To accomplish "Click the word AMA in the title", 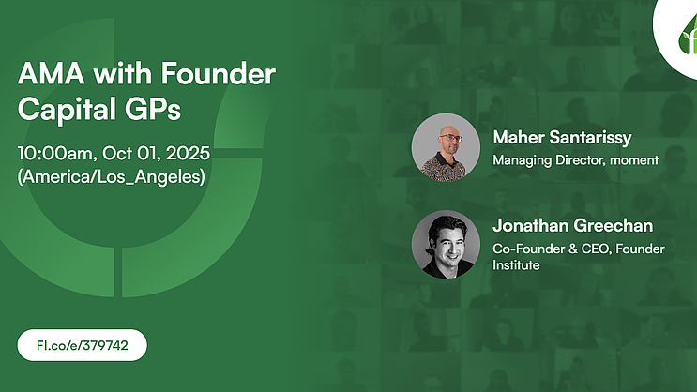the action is click(x=51, y=74).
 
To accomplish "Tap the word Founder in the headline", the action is click(x=219, y=73).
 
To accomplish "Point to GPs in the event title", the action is click(x=153, y=109).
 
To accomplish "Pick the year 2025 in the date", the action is click(x=188, y=154).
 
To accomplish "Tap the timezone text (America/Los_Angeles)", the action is click(x=112, y=177).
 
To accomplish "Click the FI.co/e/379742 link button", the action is click(x=83, y=345).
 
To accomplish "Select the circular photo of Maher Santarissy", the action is click(x=446, y=147).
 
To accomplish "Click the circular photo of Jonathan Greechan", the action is click(x=446, y=245).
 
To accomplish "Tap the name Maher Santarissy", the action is click(x=562, y=138).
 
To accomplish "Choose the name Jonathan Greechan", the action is click(x=573, y=225).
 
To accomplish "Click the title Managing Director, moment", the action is click(x=576, y=160).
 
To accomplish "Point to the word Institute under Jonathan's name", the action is click(x=516, y=265).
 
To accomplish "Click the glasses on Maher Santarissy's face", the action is click(x=450, y=138).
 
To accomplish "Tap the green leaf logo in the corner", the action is click(x=689, y=37).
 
